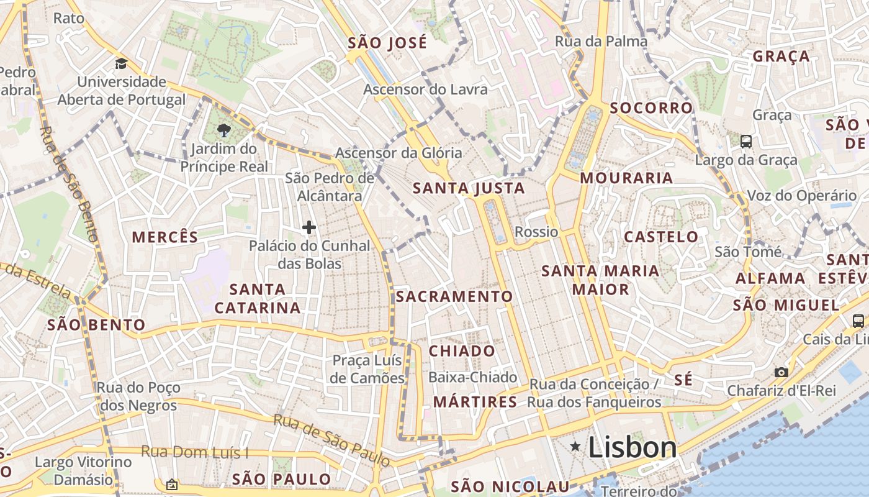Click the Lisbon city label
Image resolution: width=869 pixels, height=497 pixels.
632,447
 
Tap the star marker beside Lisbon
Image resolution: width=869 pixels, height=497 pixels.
576,446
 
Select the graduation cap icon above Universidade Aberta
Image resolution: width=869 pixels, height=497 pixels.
121,63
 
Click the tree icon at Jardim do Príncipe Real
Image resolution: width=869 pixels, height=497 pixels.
223,130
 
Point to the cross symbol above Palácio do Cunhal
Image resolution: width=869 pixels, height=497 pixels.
308,227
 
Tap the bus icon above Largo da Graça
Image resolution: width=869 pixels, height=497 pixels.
746,141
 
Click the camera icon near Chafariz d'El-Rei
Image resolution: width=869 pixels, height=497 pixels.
781,372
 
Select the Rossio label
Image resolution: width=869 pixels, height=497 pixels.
536,232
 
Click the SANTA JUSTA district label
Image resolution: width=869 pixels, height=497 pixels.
469,188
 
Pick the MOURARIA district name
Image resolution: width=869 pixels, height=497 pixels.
626,178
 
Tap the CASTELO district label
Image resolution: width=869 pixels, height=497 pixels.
661,237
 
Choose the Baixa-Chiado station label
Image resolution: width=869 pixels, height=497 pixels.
472,377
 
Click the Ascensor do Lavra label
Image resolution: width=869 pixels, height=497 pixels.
425,89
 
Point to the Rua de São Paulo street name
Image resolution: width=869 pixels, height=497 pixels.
332,440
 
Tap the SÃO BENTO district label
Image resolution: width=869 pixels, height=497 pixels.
96,324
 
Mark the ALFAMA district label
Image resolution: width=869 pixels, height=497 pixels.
770,278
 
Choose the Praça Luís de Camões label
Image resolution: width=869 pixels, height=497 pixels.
367,369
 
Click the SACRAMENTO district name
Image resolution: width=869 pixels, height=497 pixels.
454,296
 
